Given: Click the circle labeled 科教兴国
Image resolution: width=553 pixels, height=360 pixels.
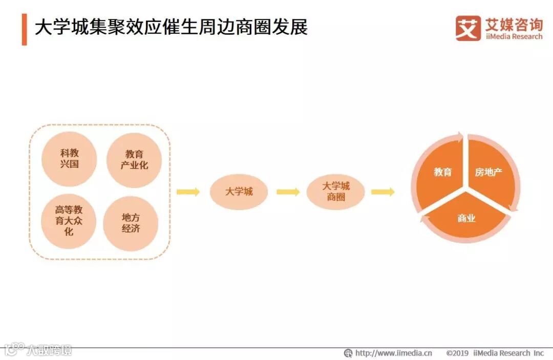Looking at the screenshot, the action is (69, 159).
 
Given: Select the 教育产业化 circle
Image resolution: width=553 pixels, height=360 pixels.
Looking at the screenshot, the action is (134, 160).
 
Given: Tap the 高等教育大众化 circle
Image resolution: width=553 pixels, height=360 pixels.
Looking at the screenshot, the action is (69, 221).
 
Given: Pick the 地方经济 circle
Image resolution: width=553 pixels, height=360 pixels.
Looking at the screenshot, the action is (131, 223).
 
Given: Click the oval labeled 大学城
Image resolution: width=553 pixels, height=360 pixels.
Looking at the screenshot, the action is (239, 192).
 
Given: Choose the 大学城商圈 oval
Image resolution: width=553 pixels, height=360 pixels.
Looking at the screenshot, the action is (336, 192).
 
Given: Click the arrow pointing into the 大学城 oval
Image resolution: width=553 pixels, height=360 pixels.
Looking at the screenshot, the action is (188, 192).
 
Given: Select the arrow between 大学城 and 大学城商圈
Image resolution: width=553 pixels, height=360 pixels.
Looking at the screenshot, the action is (288, 192).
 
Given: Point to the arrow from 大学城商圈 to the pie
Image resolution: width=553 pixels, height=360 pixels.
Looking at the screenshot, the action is (382, 192).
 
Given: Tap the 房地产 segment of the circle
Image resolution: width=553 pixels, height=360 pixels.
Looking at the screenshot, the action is (490, 172).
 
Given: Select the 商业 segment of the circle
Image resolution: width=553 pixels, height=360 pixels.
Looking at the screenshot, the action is (466, 219).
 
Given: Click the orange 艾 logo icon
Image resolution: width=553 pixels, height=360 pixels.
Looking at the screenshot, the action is (468, 28).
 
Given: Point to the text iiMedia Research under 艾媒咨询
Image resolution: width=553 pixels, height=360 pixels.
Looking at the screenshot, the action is (514, 37).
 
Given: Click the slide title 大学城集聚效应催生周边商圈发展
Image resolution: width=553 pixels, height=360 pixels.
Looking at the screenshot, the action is (171, 28).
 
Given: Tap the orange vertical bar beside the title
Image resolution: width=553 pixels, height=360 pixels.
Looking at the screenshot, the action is (24, 29).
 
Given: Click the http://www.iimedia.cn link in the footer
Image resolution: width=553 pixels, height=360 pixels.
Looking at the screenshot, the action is (393, 353).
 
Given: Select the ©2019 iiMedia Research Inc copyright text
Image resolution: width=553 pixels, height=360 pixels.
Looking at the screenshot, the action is (495, 353).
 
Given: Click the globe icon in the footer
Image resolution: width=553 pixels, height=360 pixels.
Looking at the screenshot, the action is (348, 353).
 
